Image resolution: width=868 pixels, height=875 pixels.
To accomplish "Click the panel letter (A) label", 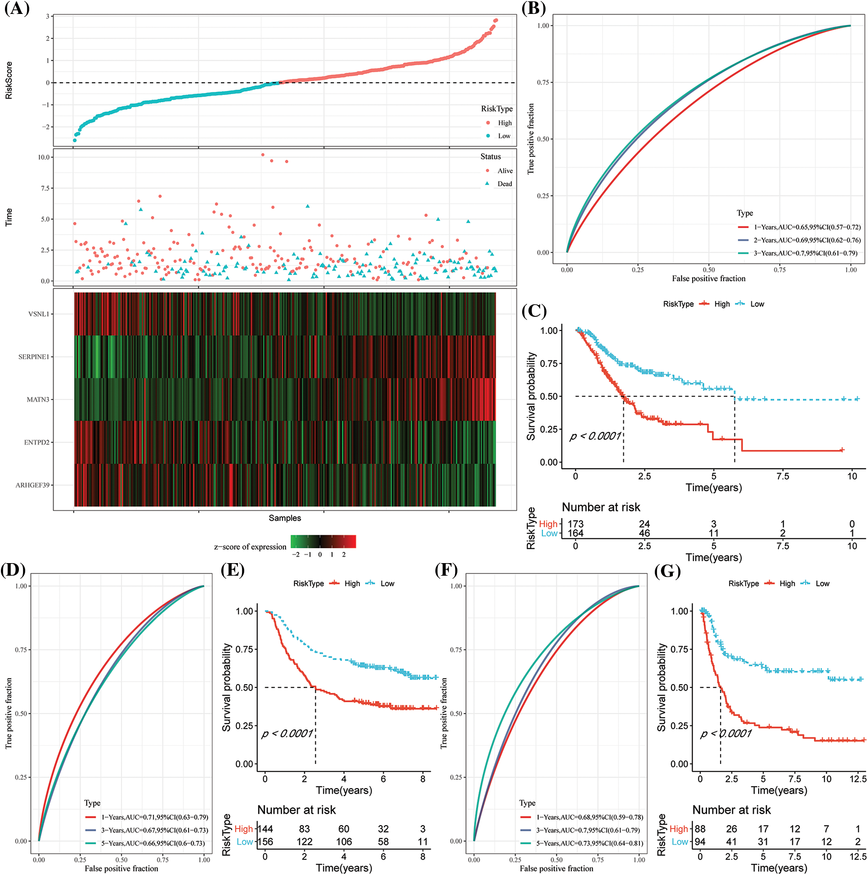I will tap(17, 9).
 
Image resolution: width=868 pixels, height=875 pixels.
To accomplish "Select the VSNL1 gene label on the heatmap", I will tap(39, 314).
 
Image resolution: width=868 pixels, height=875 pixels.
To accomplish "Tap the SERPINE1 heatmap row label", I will tap(34, 357).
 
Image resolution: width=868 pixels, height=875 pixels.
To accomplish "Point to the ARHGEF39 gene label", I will tap(32, 485).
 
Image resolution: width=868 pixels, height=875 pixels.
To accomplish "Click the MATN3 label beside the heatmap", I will tap(38, 400).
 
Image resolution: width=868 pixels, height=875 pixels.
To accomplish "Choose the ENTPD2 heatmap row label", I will tap(36, 443).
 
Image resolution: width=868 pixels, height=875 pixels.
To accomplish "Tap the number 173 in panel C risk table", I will tap(576, 524).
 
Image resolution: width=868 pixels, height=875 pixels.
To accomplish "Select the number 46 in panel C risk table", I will tap(644, 533).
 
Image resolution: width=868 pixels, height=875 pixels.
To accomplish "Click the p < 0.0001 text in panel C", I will tap(595, 436).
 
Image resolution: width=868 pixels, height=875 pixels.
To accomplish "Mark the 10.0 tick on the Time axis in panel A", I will tap(44, 157).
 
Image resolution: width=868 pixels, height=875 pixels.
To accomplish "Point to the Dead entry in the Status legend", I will tap(505, 184).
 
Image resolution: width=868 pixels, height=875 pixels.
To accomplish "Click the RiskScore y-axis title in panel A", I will tap(9, 80).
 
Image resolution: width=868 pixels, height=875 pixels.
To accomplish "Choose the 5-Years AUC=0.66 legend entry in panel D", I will tap(153, 843).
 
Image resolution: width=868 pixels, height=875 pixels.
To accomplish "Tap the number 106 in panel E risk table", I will tap(344, 841).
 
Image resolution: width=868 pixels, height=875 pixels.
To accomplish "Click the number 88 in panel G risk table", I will tap(700, 829).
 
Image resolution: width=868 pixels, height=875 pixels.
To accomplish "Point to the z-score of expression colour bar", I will tap(323, 542).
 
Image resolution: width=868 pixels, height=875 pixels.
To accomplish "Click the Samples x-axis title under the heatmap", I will tap(285, 518).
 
